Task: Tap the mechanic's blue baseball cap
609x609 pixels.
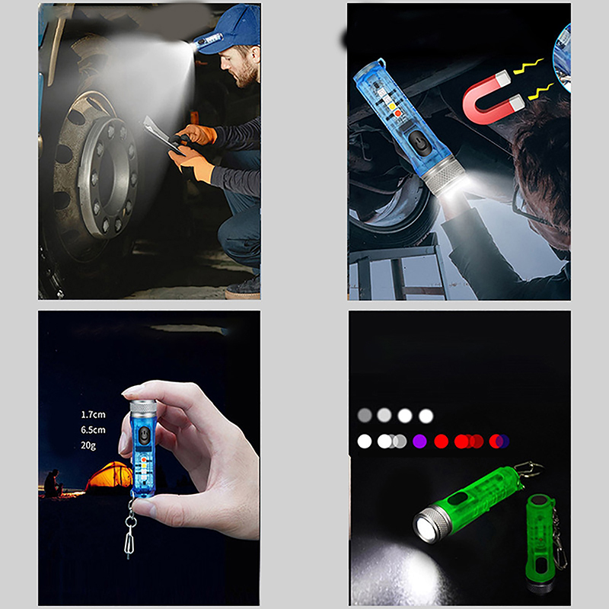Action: (x=233, y=28)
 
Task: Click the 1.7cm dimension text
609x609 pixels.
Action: (x=93, y=414)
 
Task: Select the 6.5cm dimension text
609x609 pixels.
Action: (x=93, y=430)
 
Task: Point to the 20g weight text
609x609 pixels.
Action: (x=88, y=445)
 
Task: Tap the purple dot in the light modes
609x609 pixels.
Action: (x=419, y=442)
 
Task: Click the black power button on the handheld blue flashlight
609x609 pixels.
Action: (x=144, y=435)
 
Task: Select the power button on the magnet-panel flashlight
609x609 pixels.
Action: (x=420, y=142)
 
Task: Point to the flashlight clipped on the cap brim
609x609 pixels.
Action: (x=207, y=42)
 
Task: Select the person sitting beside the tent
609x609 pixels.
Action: (x=53, y=483)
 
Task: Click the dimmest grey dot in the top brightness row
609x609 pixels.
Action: (x=365, y=415)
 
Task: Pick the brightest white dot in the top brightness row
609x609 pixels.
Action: (x=426, y=416)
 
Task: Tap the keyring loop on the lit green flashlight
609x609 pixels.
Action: (x=529, y=469)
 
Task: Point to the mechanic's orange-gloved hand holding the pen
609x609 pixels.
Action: (x=197, y=135)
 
